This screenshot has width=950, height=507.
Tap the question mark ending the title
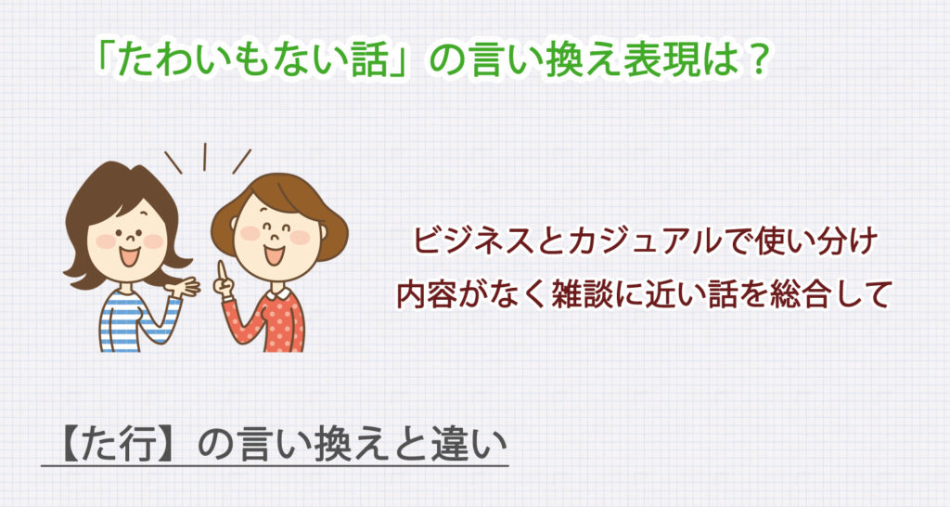tap(756, 63)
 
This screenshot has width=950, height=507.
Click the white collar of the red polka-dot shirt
tap(277, 294)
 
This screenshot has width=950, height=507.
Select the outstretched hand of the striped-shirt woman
tap(186, 286)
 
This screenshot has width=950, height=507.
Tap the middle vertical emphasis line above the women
tap(205, 157)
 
